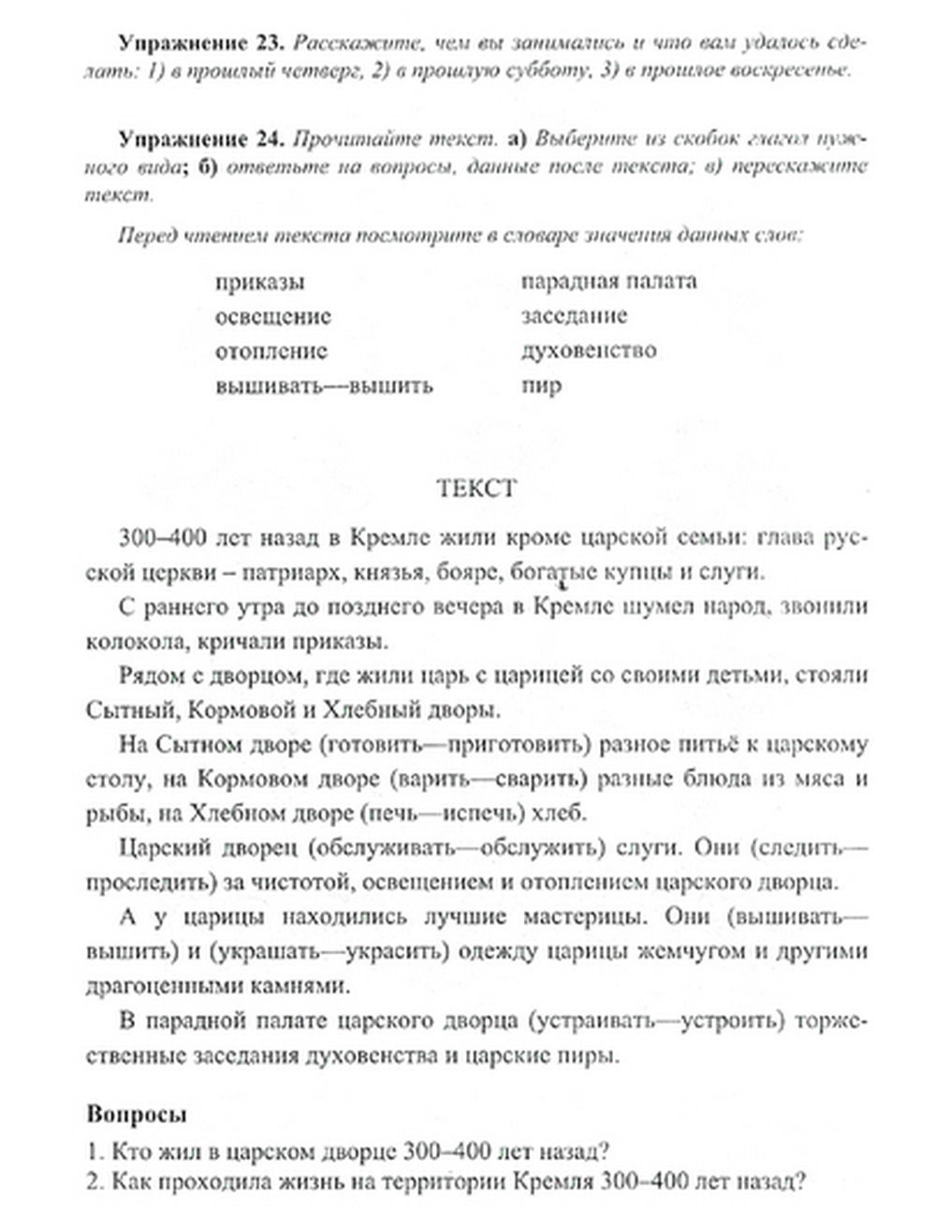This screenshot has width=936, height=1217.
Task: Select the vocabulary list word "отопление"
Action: click(271, 351)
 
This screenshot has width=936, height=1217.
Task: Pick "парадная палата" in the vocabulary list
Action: click(608, 281)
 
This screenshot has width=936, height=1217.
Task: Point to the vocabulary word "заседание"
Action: click(575, 315)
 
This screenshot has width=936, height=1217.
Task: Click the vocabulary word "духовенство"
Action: click(589, 351)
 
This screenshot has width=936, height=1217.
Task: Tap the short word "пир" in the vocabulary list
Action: click(541, 385)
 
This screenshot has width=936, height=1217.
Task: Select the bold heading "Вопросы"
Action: click(137, 1114)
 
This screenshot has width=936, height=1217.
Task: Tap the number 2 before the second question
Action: click(93, 1181)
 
